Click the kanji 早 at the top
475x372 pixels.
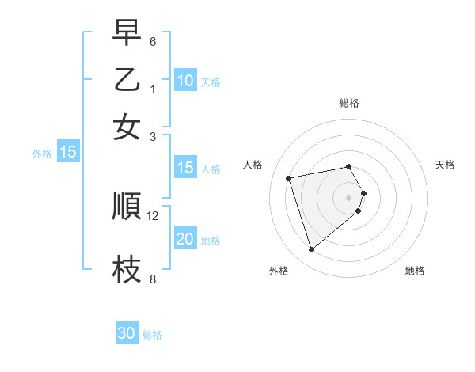127,34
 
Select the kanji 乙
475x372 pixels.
127,80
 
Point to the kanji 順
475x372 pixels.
127,207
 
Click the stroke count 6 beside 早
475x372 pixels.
153,41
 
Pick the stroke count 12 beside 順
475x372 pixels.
154,215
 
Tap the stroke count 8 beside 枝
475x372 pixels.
153,279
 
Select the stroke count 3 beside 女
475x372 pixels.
153,136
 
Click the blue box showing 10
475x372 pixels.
184,81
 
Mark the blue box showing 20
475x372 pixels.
184,239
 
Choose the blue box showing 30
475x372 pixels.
127,333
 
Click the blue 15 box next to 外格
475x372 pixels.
67,152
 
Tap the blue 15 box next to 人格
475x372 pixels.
184,168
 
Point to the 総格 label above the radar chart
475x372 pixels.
349,103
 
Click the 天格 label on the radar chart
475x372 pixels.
445,165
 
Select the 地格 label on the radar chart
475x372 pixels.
415,271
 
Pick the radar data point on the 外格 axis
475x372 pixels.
311,250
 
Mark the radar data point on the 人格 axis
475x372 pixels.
289,177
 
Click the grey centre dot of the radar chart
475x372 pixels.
349,197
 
